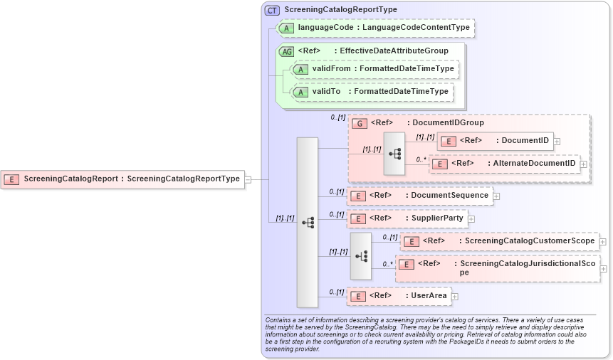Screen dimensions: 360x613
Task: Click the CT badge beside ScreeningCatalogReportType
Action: (272, 10)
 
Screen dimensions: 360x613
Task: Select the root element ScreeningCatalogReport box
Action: (123, 179)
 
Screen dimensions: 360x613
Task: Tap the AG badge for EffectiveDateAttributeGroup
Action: (286, 51)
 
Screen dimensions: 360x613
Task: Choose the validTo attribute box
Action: (372, 92)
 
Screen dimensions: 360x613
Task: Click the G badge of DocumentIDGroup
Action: (360, 123)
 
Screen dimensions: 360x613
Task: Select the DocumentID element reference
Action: (495, 141)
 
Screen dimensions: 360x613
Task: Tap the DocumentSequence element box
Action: (419, 196)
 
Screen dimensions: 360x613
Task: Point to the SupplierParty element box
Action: (407, 218)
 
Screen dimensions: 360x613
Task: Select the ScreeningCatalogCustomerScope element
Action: (499, 241)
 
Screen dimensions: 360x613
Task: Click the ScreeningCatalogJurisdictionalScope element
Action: (498, 268)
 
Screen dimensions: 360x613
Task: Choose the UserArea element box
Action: (399, 295)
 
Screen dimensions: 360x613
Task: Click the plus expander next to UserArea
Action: (455, 296)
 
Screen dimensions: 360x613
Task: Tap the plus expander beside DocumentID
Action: (557, 141)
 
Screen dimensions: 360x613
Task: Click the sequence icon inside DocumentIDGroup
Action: (394, 153)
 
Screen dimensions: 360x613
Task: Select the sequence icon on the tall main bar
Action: (308, 223)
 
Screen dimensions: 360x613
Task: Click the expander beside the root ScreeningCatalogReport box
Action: (248, 179)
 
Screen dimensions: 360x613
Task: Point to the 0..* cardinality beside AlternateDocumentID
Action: (421, 160)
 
